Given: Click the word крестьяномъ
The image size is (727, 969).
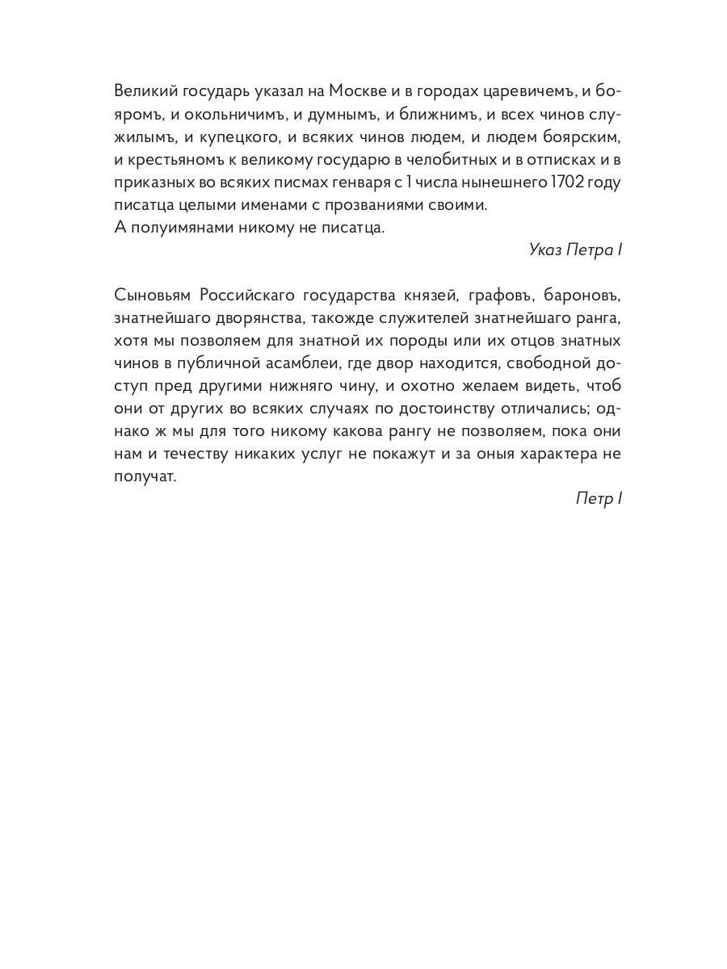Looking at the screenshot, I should pyautogui.click(x=173, y=159).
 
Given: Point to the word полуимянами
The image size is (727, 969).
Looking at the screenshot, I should pyautogui.click(x=179, y=228).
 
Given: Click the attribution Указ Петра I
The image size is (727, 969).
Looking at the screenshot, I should pyautogui.click(x=575, y=250).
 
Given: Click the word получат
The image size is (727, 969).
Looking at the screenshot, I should pyautogui.click(x=145, y=476).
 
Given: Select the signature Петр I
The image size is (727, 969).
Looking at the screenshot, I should pyautogui.click(x=599, y=498).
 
